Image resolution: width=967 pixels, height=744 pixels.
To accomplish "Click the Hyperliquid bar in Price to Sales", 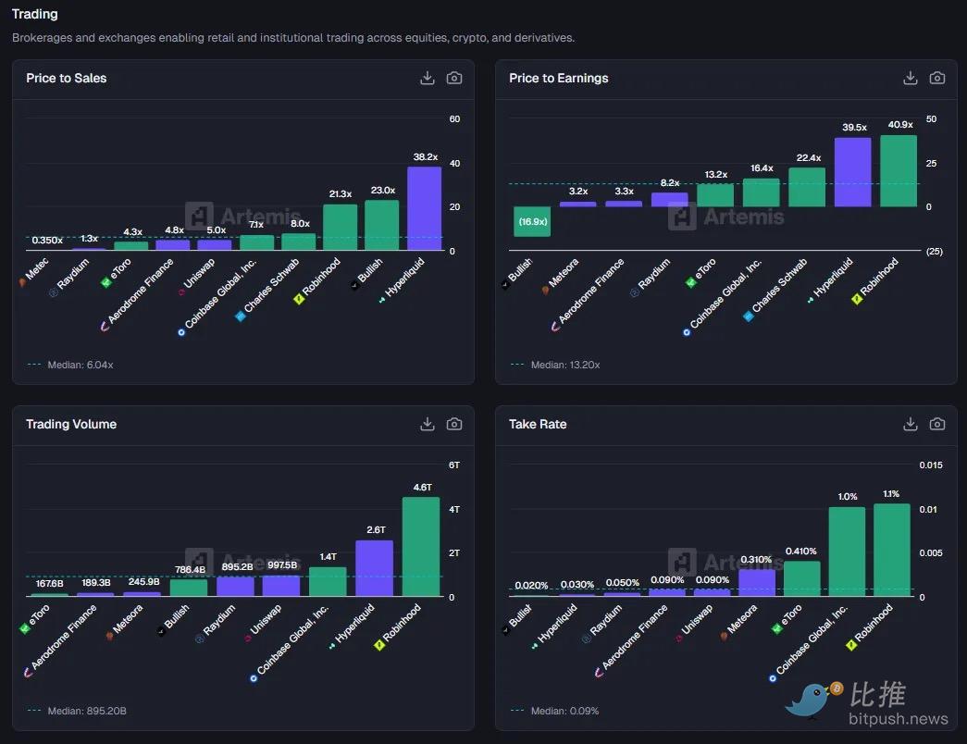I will pos(424,208).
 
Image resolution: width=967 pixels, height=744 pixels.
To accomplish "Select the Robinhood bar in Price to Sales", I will pos(340,228).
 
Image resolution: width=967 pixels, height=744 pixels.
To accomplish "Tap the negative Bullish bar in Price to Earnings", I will pos(532,221).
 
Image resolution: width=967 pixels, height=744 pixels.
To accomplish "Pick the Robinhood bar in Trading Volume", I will pos(420,547).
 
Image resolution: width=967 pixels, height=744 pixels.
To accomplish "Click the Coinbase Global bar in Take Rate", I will pos(847,552).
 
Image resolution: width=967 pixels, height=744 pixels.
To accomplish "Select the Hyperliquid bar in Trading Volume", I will pos(374,568).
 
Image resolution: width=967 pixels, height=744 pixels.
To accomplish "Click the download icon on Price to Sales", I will pos(428,78).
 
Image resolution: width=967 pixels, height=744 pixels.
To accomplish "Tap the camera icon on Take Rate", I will pos(937,424).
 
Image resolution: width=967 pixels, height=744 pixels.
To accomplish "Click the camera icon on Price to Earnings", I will pos(937,78).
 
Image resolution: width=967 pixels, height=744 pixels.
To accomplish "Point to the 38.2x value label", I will pos(424,157).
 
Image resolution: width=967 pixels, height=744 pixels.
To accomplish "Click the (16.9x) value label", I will pos(532,222).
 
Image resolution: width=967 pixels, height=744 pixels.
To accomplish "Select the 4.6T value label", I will pos(421,487).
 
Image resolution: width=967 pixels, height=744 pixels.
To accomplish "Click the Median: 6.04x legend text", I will pos(80,365).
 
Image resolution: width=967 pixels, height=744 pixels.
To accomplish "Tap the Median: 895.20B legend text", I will pos(86,711).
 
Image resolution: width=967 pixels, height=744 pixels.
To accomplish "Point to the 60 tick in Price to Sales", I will pos(454,119).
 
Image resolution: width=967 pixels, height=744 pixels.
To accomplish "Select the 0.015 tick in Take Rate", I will pos(930,465).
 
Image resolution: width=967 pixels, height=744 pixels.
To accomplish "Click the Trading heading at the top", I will pos(34,14).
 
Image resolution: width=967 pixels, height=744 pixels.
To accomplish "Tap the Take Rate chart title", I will pos(537,424).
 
